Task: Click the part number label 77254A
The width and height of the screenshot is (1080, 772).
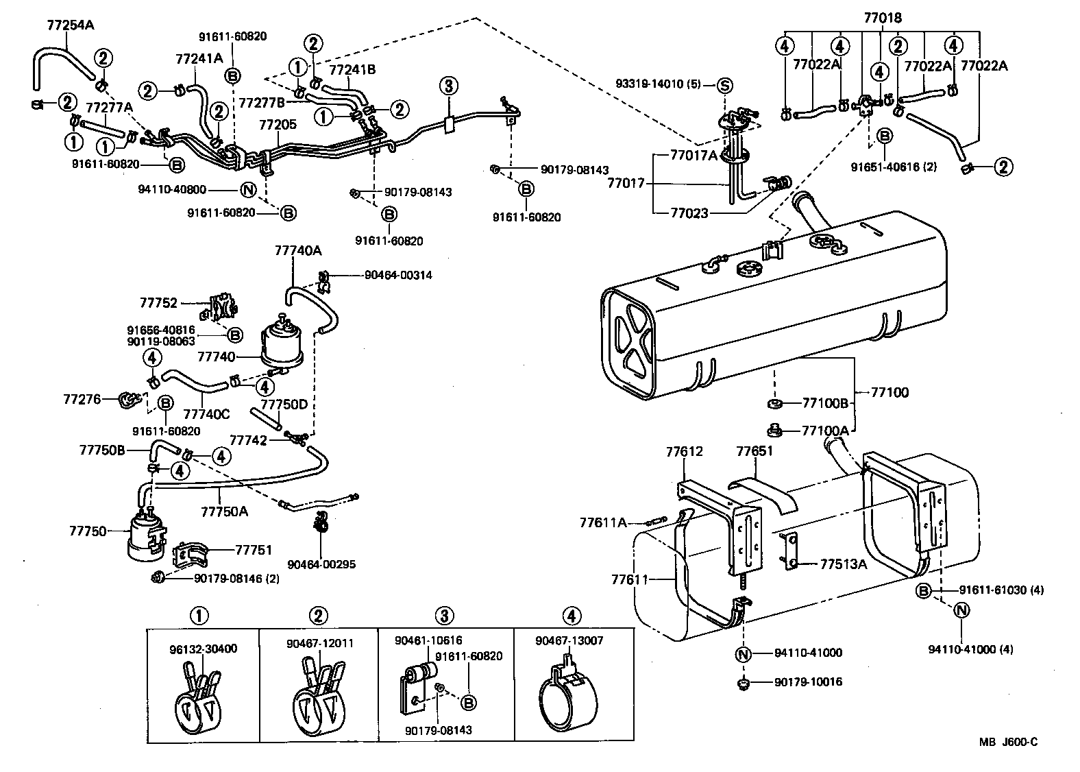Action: pyautogui.click(x=70, y=25)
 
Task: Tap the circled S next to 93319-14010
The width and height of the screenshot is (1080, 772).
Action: pyautogui.click(x=724, y=86)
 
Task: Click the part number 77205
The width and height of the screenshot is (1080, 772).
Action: pyautogui.click(x=278, y=125)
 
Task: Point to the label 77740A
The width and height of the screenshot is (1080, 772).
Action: pyautogui.click(x=297, y=251)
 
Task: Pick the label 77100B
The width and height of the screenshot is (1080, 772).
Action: pyautogui.click(x=825, y=403)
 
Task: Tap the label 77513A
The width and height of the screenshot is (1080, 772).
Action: pyautogui.click(x=844, y=564)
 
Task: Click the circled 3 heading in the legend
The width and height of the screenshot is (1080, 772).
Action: pyautogui.click(x=445, y=616)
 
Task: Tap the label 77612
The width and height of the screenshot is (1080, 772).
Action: pyautogui.click(x=684, y=452)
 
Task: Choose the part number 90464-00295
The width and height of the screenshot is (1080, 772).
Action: pyautogui.click(x=321, y=565)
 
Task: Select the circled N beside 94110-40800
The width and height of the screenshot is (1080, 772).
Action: pyautogui.click(x=249, y=190)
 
